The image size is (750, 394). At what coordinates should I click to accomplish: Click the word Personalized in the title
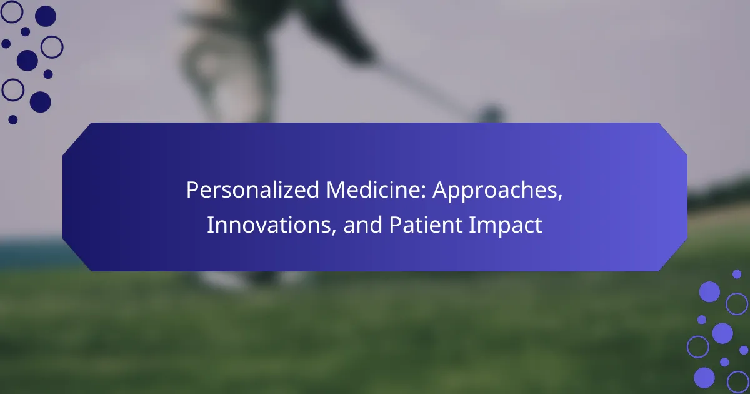pyautogui.click(x=252, y=190)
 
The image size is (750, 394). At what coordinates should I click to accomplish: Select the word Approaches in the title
pyautogui.click(x=497, y=191)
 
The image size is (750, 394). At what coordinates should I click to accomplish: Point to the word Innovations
pyautogui.click(x=271, y=225)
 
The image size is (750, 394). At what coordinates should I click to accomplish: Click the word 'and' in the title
pyautogui.click(x=363, y=225)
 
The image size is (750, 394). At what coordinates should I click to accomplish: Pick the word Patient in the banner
pyautogui.click(x=426, y=225)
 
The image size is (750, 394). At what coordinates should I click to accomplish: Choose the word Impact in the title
pyautogui.click(x=506, y=226)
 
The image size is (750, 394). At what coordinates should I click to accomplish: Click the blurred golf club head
pyautogui.click(x=491, y=114)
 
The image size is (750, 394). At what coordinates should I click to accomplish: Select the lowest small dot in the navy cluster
pyautogui.click(x=12, y=119)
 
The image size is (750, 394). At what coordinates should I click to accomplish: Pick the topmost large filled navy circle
pyautogui.click(x=46, y=16)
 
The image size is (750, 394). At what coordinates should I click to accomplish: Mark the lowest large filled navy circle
pyautogui.click(x=41, y=102)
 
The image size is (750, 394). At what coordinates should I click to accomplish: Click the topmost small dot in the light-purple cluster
pyautogui.click(x=737, y=274)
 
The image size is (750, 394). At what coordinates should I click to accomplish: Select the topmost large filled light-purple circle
pyautogui.click(x=709, y=292)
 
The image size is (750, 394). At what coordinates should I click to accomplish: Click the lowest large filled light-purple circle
pyautogui.click(x=704, y=378)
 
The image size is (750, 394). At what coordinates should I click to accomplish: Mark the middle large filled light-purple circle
pyautogui.click(x=722, y=333)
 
